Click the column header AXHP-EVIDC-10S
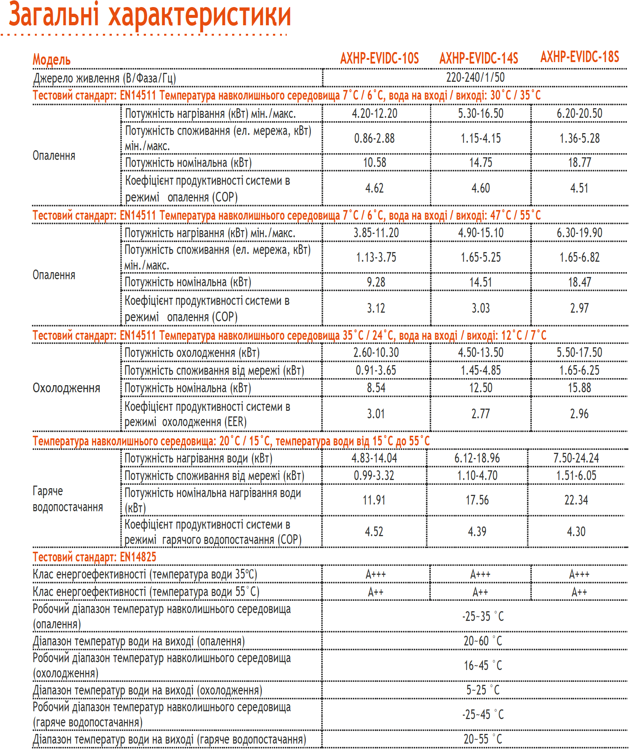point(379,58)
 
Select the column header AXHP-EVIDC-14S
point(478,58)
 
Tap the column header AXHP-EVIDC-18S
point(579,57)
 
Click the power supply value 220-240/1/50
point(475,77)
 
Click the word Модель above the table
point(51,59)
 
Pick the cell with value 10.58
point(374,162)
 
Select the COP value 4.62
point(374,188)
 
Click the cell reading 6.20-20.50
point(579,113)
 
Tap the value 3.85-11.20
point(376,233)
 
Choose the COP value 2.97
point(579,308)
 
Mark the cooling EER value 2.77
point(480,414)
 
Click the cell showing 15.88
point(579,388)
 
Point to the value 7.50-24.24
point(576,458)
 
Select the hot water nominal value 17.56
point(477,500)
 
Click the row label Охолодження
point(66,388)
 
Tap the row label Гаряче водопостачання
point(67,499)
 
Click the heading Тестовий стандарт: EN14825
point(94,557)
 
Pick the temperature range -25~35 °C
point(482,616)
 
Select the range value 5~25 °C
point(482,690)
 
